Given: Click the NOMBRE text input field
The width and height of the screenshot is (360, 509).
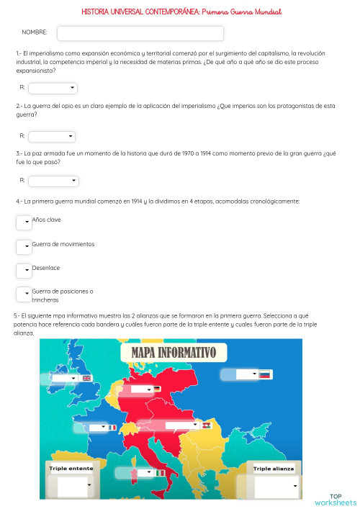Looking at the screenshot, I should click(x=140, y=33).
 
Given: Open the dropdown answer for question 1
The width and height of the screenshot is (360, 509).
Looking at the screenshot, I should click(x=53, y=89).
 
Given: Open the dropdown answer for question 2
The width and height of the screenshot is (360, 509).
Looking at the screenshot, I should click(x=51, y=135).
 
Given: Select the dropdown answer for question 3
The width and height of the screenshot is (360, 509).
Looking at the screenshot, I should click(x=53, y=181).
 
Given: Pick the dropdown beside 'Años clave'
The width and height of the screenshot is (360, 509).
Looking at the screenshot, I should click(x=23, y=223).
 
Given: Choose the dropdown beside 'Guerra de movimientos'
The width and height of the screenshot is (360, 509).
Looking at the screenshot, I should click(x=23, y=246).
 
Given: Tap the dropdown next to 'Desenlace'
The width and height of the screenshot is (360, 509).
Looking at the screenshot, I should click(x=23, y=271).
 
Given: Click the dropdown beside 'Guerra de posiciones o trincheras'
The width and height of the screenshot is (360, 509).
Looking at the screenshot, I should click(x=23, y=294).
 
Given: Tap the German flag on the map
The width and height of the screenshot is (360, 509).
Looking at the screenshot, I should click(x=157, y=389).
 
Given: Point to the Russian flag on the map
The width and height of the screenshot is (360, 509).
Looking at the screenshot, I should click(x=264, y=374).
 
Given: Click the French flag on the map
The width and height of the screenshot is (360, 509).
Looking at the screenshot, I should click(x=112, y=428).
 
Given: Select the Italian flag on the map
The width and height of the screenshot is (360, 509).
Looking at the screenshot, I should click(x=161, y=473).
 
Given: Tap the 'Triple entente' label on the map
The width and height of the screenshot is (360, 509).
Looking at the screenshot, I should click(x=71, y=469).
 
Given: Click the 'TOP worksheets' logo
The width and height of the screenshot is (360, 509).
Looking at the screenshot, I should click(x=336, y=499).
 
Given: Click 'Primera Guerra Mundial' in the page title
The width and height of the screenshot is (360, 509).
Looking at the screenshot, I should click(x=241, y=12).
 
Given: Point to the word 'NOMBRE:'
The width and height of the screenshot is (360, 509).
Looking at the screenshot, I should click(x=35, y=33).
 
